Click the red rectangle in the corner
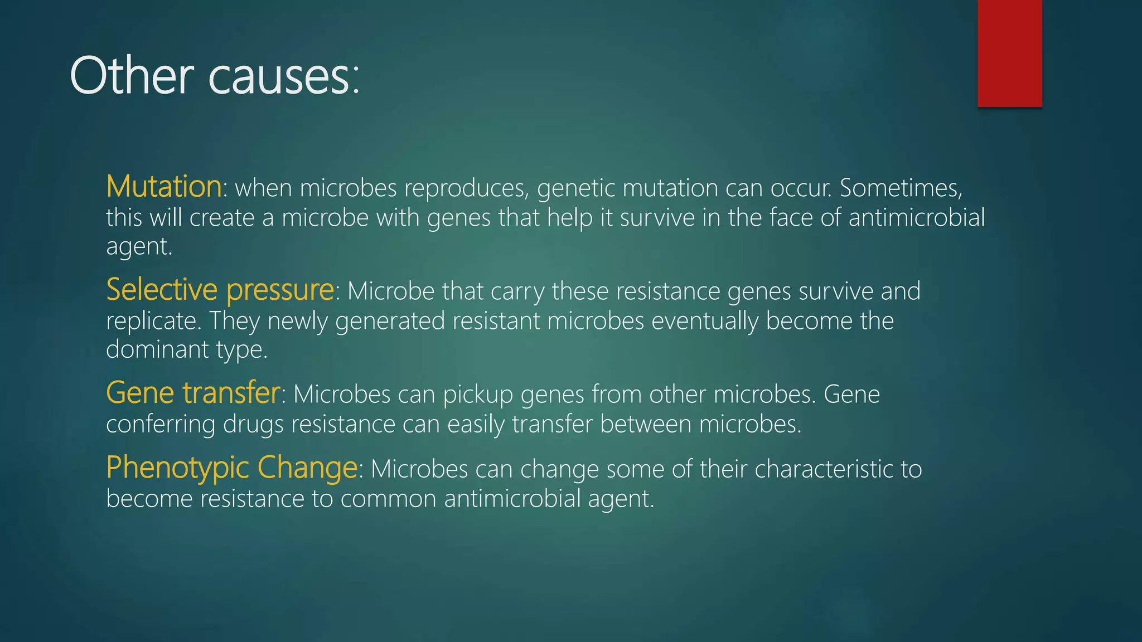pos(1009,53)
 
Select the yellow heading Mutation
pos(164,186)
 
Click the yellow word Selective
pos(162,290)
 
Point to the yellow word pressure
pos(280,291)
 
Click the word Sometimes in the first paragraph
pos(901,188)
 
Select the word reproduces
pos(466,188)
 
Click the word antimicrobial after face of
pos(917,217)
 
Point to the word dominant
pos(157,349)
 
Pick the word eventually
pos(705,321)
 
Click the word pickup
pos(478,395)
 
